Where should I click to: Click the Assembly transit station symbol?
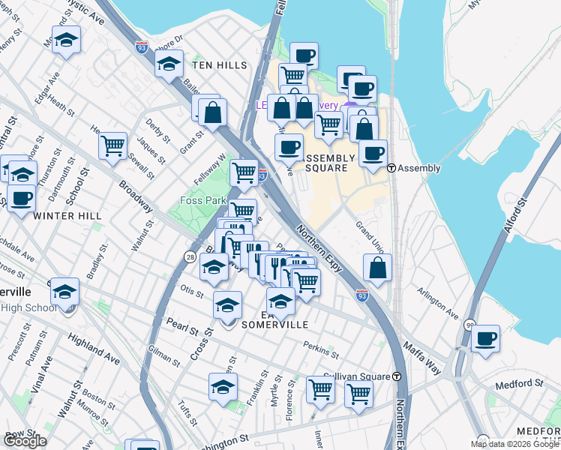391,168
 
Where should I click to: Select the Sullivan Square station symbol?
397,376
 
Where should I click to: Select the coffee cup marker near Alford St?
486,338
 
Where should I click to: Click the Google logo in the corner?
25,440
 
